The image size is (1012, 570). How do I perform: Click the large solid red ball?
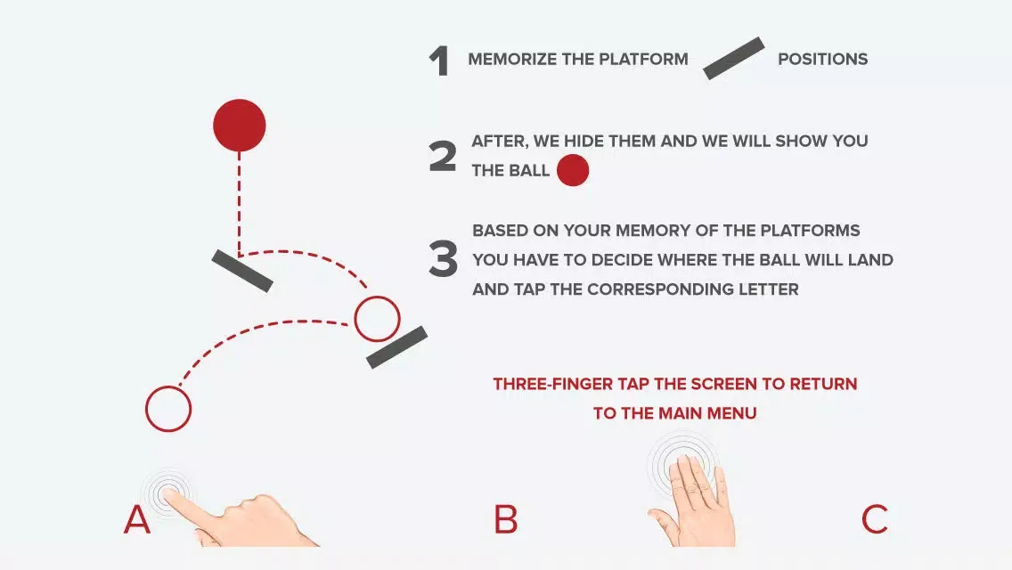240,126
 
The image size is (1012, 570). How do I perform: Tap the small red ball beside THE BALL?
573,170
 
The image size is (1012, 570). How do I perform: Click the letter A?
137,519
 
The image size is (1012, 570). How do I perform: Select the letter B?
506,519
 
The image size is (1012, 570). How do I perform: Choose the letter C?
875,519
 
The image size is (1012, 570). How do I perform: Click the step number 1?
439,62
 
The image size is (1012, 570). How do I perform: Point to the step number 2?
443,157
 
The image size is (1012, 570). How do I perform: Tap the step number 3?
444,259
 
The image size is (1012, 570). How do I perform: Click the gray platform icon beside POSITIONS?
734,58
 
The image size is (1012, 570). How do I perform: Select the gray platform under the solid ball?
242,271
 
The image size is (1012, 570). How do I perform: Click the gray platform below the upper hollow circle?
397,347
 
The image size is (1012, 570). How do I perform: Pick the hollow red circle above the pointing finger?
146,410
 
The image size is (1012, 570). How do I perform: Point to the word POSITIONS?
823,60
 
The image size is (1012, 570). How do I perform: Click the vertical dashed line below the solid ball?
240,204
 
